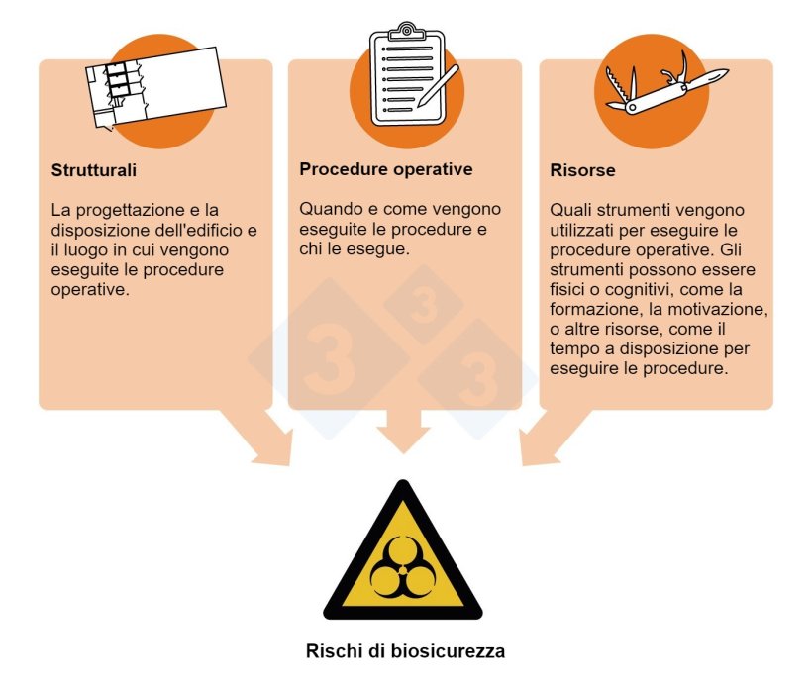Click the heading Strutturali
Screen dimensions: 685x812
coord(94,170)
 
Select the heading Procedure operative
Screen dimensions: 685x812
coord(386,169)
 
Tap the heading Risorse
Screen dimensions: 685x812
coord(582,170)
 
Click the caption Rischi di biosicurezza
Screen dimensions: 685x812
coord(405,652)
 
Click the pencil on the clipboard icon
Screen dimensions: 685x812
coord(438,87)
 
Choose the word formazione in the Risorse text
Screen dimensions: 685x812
coord(592,310)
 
